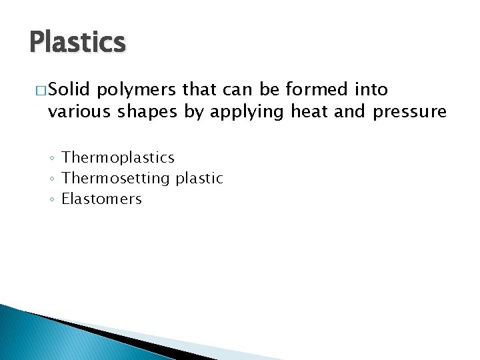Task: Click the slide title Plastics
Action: point(77,43)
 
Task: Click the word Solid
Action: point(71,89)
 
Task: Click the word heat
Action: point(310,111)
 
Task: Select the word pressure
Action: point(409,113)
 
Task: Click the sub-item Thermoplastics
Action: point(118,158)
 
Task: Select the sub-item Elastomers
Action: point(101,199)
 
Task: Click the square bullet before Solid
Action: point(40,90)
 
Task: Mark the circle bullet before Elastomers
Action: point(53,200)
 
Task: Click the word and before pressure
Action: point(349,111)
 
